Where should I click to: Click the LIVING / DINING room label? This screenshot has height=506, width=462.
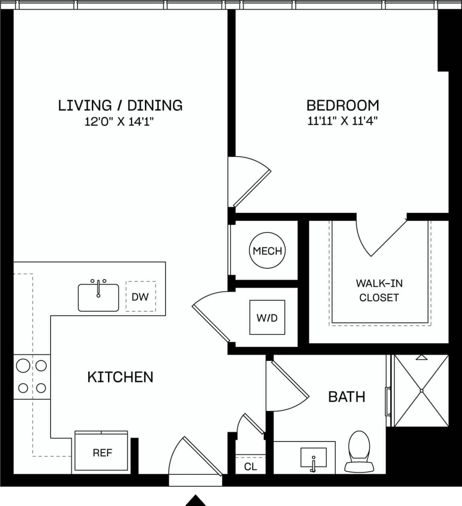[120, 106]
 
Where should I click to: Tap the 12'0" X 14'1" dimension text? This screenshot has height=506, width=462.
[119, 121]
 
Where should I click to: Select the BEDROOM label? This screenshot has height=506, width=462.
[343, 106]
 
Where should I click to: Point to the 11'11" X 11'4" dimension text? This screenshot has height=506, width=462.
[343, 121]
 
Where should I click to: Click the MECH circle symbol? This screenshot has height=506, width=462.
[267, 251]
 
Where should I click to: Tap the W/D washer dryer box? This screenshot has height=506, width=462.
[267, 317]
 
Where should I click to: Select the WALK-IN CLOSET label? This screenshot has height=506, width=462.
[379, 290]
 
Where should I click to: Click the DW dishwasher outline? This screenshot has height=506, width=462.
[140, 296]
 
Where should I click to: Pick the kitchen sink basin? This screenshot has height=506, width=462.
[98, 298]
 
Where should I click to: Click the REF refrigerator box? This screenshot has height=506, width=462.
[102, 452]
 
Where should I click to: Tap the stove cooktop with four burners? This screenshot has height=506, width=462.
[32, 377]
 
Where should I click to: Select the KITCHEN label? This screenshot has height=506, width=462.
[120, 377]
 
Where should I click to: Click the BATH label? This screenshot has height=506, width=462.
[346, 396]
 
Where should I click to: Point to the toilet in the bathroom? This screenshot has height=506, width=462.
[359, 451]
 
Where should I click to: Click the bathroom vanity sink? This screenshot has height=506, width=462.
[313, 458]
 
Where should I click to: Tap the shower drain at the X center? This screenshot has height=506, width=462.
[422, 391]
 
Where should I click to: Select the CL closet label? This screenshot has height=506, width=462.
[250, 466]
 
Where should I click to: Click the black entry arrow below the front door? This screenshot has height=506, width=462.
[196, 500]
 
